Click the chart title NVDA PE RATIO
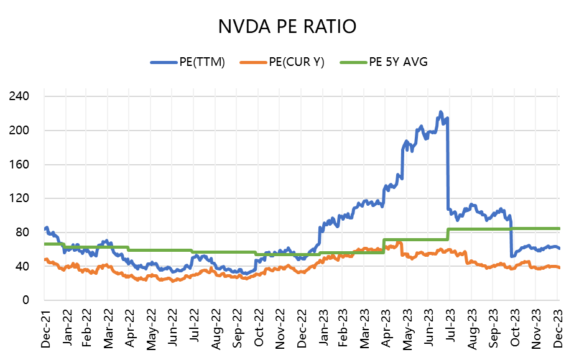(287, 27)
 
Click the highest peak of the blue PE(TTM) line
(440, 112)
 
